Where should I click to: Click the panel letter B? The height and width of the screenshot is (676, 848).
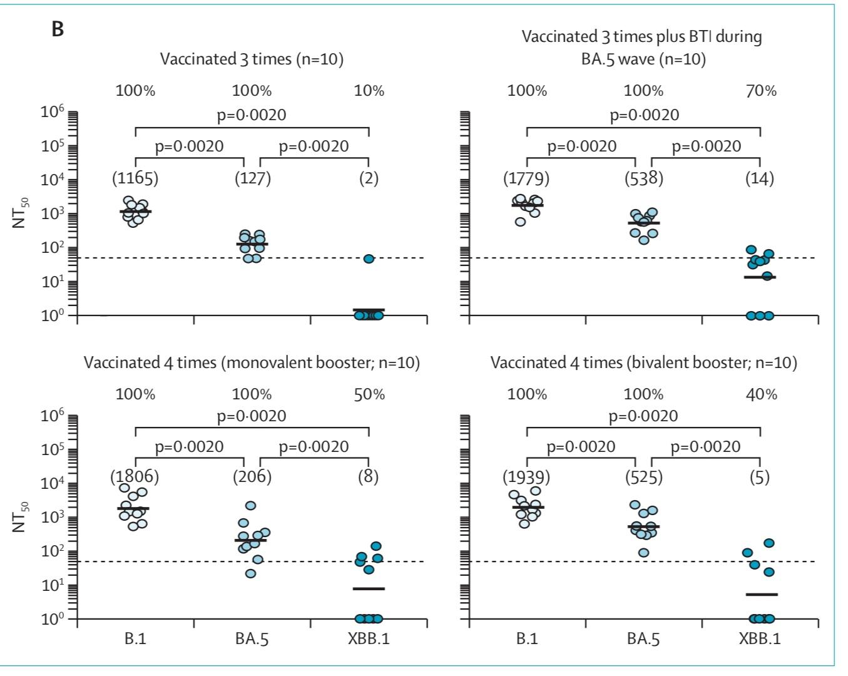pos(58,29)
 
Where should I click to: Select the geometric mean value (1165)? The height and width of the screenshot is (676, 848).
pos(135,178)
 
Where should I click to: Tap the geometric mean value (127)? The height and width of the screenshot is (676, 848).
pos(252,178)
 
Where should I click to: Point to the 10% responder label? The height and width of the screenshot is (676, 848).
pos(369,91)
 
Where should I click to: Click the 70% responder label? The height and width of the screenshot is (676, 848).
pos(761,91)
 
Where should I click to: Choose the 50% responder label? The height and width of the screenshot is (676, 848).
pos(369,394)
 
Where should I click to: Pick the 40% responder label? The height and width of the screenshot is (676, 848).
pos(761,394)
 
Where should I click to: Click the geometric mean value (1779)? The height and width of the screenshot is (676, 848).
pos(526,178)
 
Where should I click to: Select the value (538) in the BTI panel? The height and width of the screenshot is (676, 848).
pos(644,178)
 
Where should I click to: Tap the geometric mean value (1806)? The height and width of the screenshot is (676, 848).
pos(135,477)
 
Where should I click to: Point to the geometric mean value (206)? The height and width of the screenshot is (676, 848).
pos(252,477)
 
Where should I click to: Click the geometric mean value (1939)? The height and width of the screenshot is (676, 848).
pos(526,477)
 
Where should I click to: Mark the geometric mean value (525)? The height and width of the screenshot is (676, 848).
pos(644,477)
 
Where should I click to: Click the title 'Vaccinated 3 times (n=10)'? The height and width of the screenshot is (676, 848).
pos(252,59)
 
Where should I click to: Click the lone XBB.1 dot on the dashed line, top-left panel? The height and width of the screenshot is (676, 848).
pos(369,259)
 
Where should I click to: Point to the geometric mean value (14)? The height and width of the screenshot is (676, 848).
pos(760,178)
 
